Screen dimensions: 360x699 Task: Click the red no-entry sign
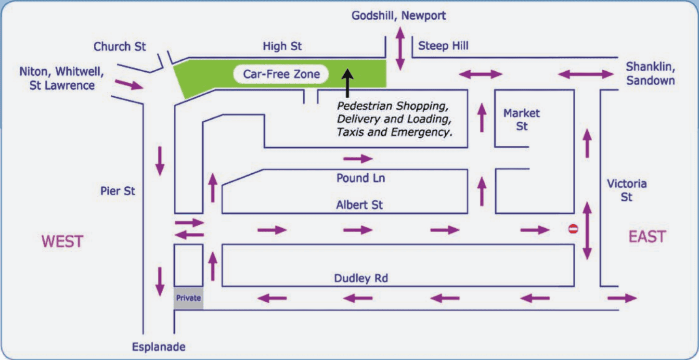(573, 229)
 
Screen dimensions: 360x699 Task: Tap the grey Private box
(188, 298)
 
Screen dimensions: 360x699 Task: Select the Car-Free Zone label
(281, 74)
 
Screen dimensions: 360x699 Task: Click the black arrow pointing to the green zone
(348, 82)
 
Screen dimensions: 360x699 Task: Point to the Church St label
(120, 47)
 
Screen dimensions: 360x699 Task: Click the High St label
(282, 46)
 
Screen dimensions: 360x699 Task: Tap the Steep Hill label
(443, 46)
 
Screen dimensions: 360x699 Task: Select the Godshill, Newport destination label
(399, 15)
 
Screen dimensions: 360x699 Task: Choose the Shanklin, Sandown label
(650, 74)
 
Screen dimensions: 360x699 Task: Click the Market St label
(522, 120)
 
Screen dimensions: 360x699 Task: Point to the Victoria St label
(626, 190)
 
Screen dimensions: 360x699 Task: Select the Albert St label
(360, 205)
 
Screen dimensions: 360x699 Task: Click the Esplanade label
(159, 347)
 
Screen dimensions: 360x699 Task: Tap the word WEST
(63, 241)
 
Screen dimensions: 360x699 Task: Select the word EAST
(647, 237)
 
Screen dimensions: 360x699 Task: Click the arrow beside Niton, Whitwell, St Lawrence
(129, 85)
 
